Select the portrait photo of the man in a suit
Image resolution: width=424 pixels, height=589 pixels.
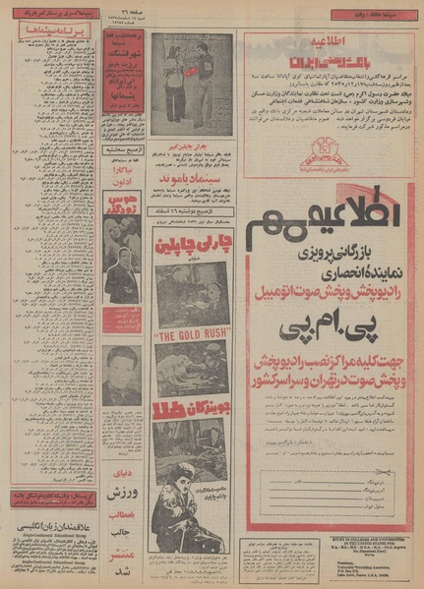(x=122, y=374)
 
